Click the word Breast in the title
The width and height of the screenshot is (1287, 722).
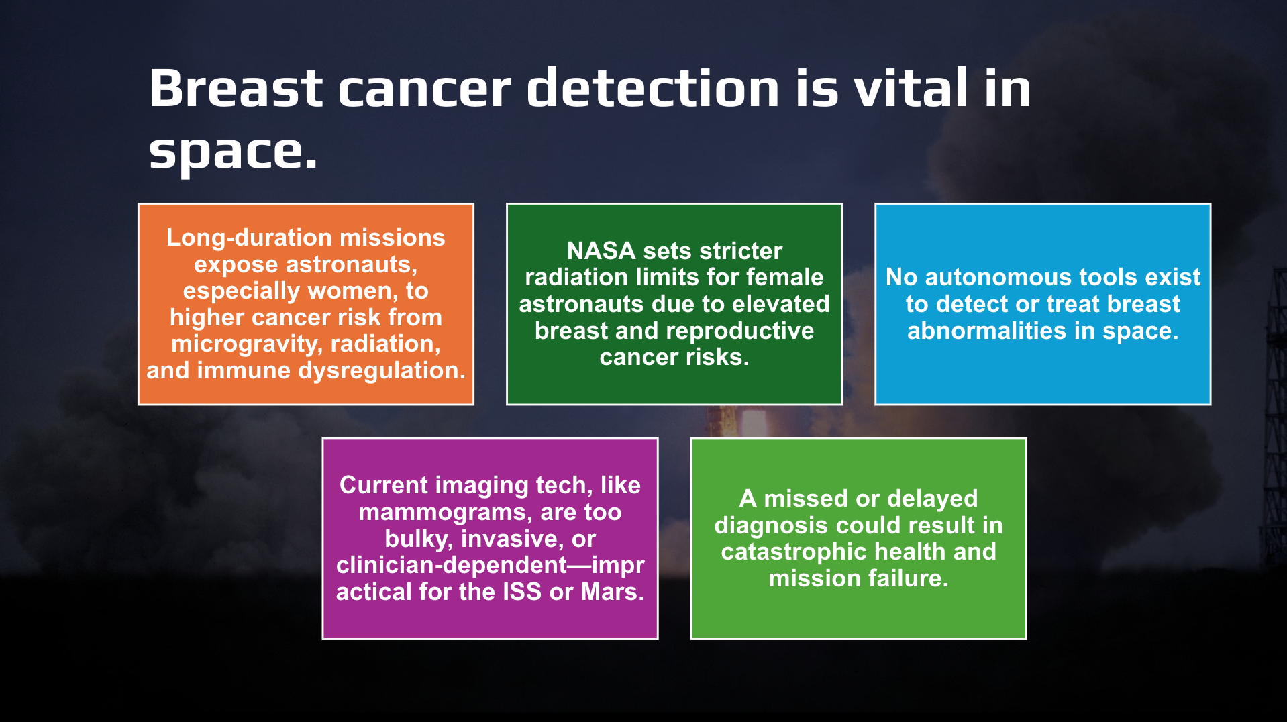236,88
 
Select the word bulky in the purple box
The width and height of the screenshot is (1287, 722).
419,539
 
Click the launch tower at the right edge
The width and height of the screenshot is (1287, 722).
1272,416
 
